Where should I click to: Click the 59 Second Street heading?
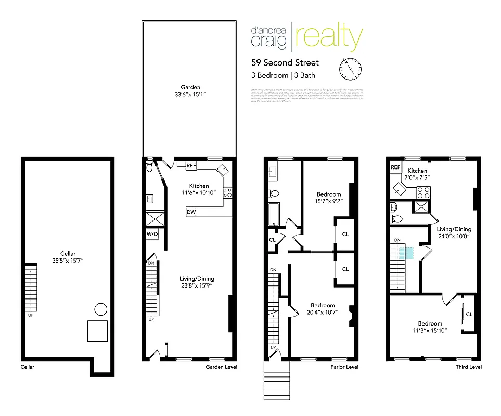click(285, 63)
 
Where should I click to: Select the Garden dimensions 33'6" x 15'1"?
click(190, 95)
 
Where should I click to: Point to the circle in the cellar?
click(100, 310)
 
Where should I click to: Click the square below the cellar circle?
click(97, 330)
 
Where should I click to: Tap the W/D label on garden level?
click(152, 234)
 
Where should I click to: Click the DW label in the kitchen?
click(191, 213)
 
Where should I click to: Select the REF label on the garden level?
click(191, 165)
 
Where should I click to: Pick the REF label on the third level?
click(395, 167)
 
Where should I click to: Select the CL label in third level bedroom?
click(469, 314)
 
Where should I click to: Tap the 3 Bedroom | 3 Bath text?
click(283, 75)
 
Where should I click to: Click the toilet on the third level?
click(394, 208)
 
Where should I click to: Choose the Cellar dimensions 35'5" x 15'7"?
click(68, 259)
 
